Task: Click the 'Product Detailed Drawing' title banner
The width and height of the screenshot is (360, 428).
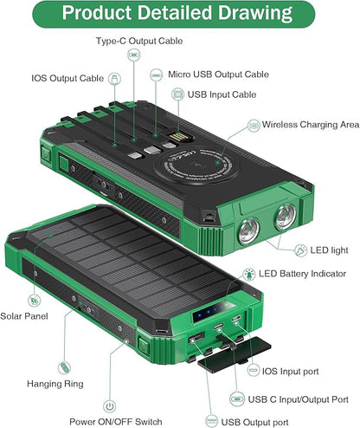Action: [174, 14]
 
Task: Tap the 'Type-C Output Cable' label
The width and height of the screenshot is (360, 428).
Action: [139, 41]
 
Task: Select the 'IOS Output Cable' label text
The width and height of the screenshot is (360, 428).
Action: [67, 78]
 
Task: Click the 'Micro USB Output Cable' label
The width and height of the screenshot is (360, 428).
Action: [218, 75]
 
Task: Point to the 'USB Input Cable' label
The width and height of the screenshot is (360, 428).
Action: [222, 94]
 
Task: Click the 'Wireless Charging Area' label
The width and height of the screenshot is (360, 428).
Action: [311, 125]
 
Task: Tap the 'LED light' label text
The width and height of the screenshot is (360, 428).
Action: [329, 250]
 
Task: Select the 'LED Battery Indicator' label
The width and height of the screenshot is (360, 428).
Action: [302, 274]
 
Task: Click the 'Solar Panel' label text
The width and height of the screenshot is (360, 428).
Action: [24, 316]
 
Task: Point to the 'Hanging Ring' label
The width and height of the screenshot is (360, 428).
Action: [55, 384]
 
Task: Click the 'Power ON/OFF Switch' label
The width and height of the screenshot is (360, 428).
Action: [116, 422]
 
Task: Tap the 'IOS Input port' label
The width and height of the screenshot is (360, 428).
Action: [290, 372]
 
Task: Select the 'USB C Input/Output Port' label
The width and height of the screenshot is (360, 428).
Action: [299, 399]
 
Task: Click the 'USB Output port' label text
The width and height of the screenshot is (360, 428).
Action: [254, 422]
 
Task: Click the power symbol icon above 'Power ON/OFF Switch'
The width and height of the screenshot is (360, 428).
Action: [109, 406]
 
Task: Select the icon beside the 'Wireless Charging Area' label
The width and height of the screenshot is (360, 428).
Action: [254, 126]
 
